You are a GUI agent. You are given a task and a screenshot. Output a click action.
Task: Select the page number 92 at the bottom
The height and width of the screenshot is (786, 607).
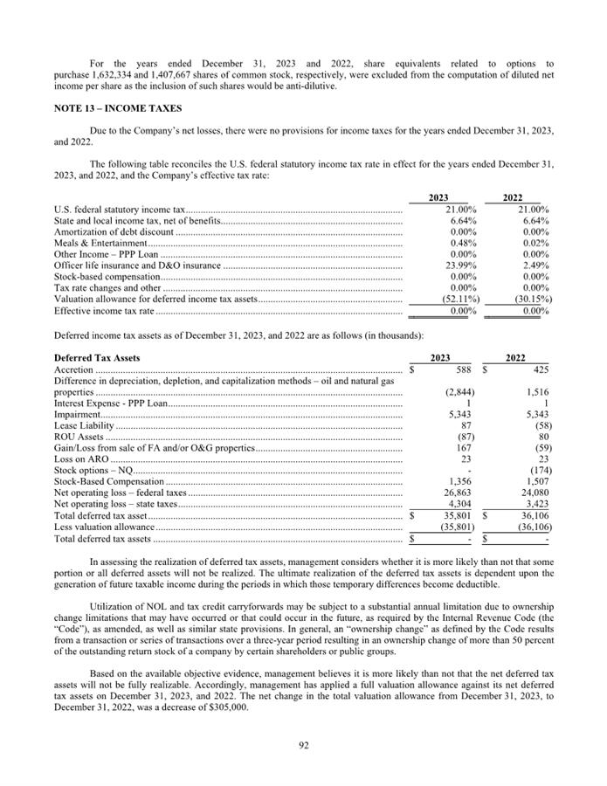302,745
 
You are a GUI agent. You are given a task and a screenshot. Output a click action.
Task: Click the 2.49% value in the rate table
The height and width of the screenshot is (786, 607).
535,265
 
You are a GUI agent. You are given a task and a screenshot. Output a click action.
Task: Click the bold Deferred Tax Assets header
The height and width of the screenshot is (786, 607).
97,358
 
